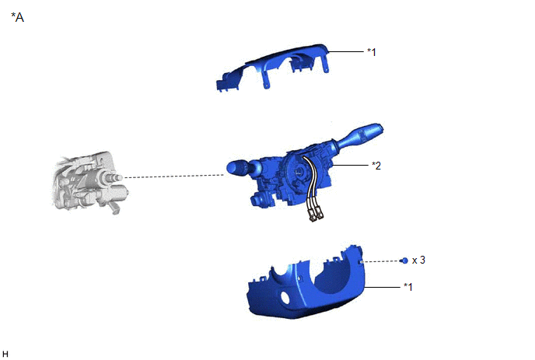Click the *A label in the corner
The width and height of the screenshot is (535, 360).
tap(17, 17)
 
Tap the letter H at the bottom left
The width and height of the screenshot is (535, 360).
tap(5, 354)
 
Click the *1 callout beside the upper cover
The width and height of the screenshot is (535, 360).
tap(372, 52)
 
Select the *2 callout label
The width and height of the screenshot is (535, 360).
tap(376, 166)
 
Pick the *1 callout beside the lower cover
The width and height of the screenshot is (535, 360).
tap(408, 287)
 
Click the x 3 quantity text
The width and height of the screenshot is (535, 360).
tap(418, 260)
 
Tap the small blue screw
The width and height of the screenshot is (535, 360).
tap(404, 260)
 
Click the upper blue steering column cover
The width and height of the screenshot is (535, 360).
tap(273, 65)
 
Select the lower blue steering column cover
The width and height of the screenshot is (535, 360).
tap(306, 285)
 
